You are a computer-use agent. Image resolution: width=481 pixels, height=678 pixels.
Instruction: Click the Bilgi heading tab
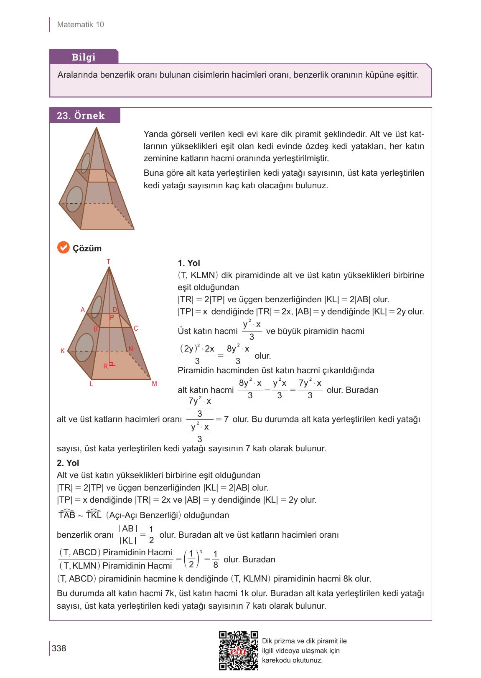pyautogui.click(x=84, y=57)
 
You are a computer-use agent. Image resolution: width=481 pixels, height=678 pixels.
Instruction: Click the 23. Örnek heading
pyautogui.click(x=81, y=116)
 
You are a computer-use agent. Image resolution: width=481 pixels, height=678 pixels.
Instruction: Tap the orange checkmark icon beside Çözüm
pyautogui.click(x=63, y=248)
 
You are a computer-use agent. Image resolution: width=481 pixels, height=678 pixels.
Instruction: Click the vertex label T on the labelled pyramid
pyautogui.click(x=108, y=261)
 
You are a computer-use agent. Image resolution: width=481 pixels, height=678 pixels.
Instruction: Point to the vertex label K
pyautogui.click(x=63, y=351)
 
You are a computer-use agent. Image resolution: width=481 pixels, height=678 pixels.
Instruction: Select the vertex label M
pyautogui.click(x=154, y=383)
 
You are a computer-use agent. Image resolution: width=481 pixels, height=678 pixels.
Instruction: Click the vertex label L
pyautogui.click(x=91, y=384)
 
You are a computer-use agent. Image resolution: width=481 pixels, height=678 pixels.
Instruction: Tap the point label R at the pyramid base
pyautogui.click(x=105, y=366)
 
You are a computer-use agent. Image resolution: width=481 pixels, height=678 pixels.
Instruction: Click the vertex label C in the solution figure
pyautogui.click(x=136, y=329)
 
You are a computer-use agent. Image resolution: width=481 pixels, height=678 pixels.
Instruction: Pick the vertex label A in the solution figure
pyautogui.click(x=83, y=310)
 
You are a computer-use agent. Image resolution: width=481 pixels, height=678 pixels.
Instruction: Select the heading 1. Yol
pyautogui.click(x=189, y=263)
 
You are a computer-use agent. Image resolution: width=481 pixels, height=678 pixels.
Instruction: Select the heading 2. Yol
pyautogui.click(x=68, y=463)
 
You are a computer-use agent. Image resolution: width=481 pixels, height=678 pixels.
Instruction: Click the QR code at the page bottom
pyautogui.click(x=239, y=650)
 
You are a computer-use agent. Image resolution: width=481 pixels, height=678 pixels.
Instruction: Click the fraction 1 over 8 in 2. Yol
pyautogui.click(x=215, y=559)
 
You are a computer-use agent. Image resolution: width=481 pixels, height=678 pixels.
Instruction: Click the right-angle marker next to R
pyautogui.click(x=112, y=364)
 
